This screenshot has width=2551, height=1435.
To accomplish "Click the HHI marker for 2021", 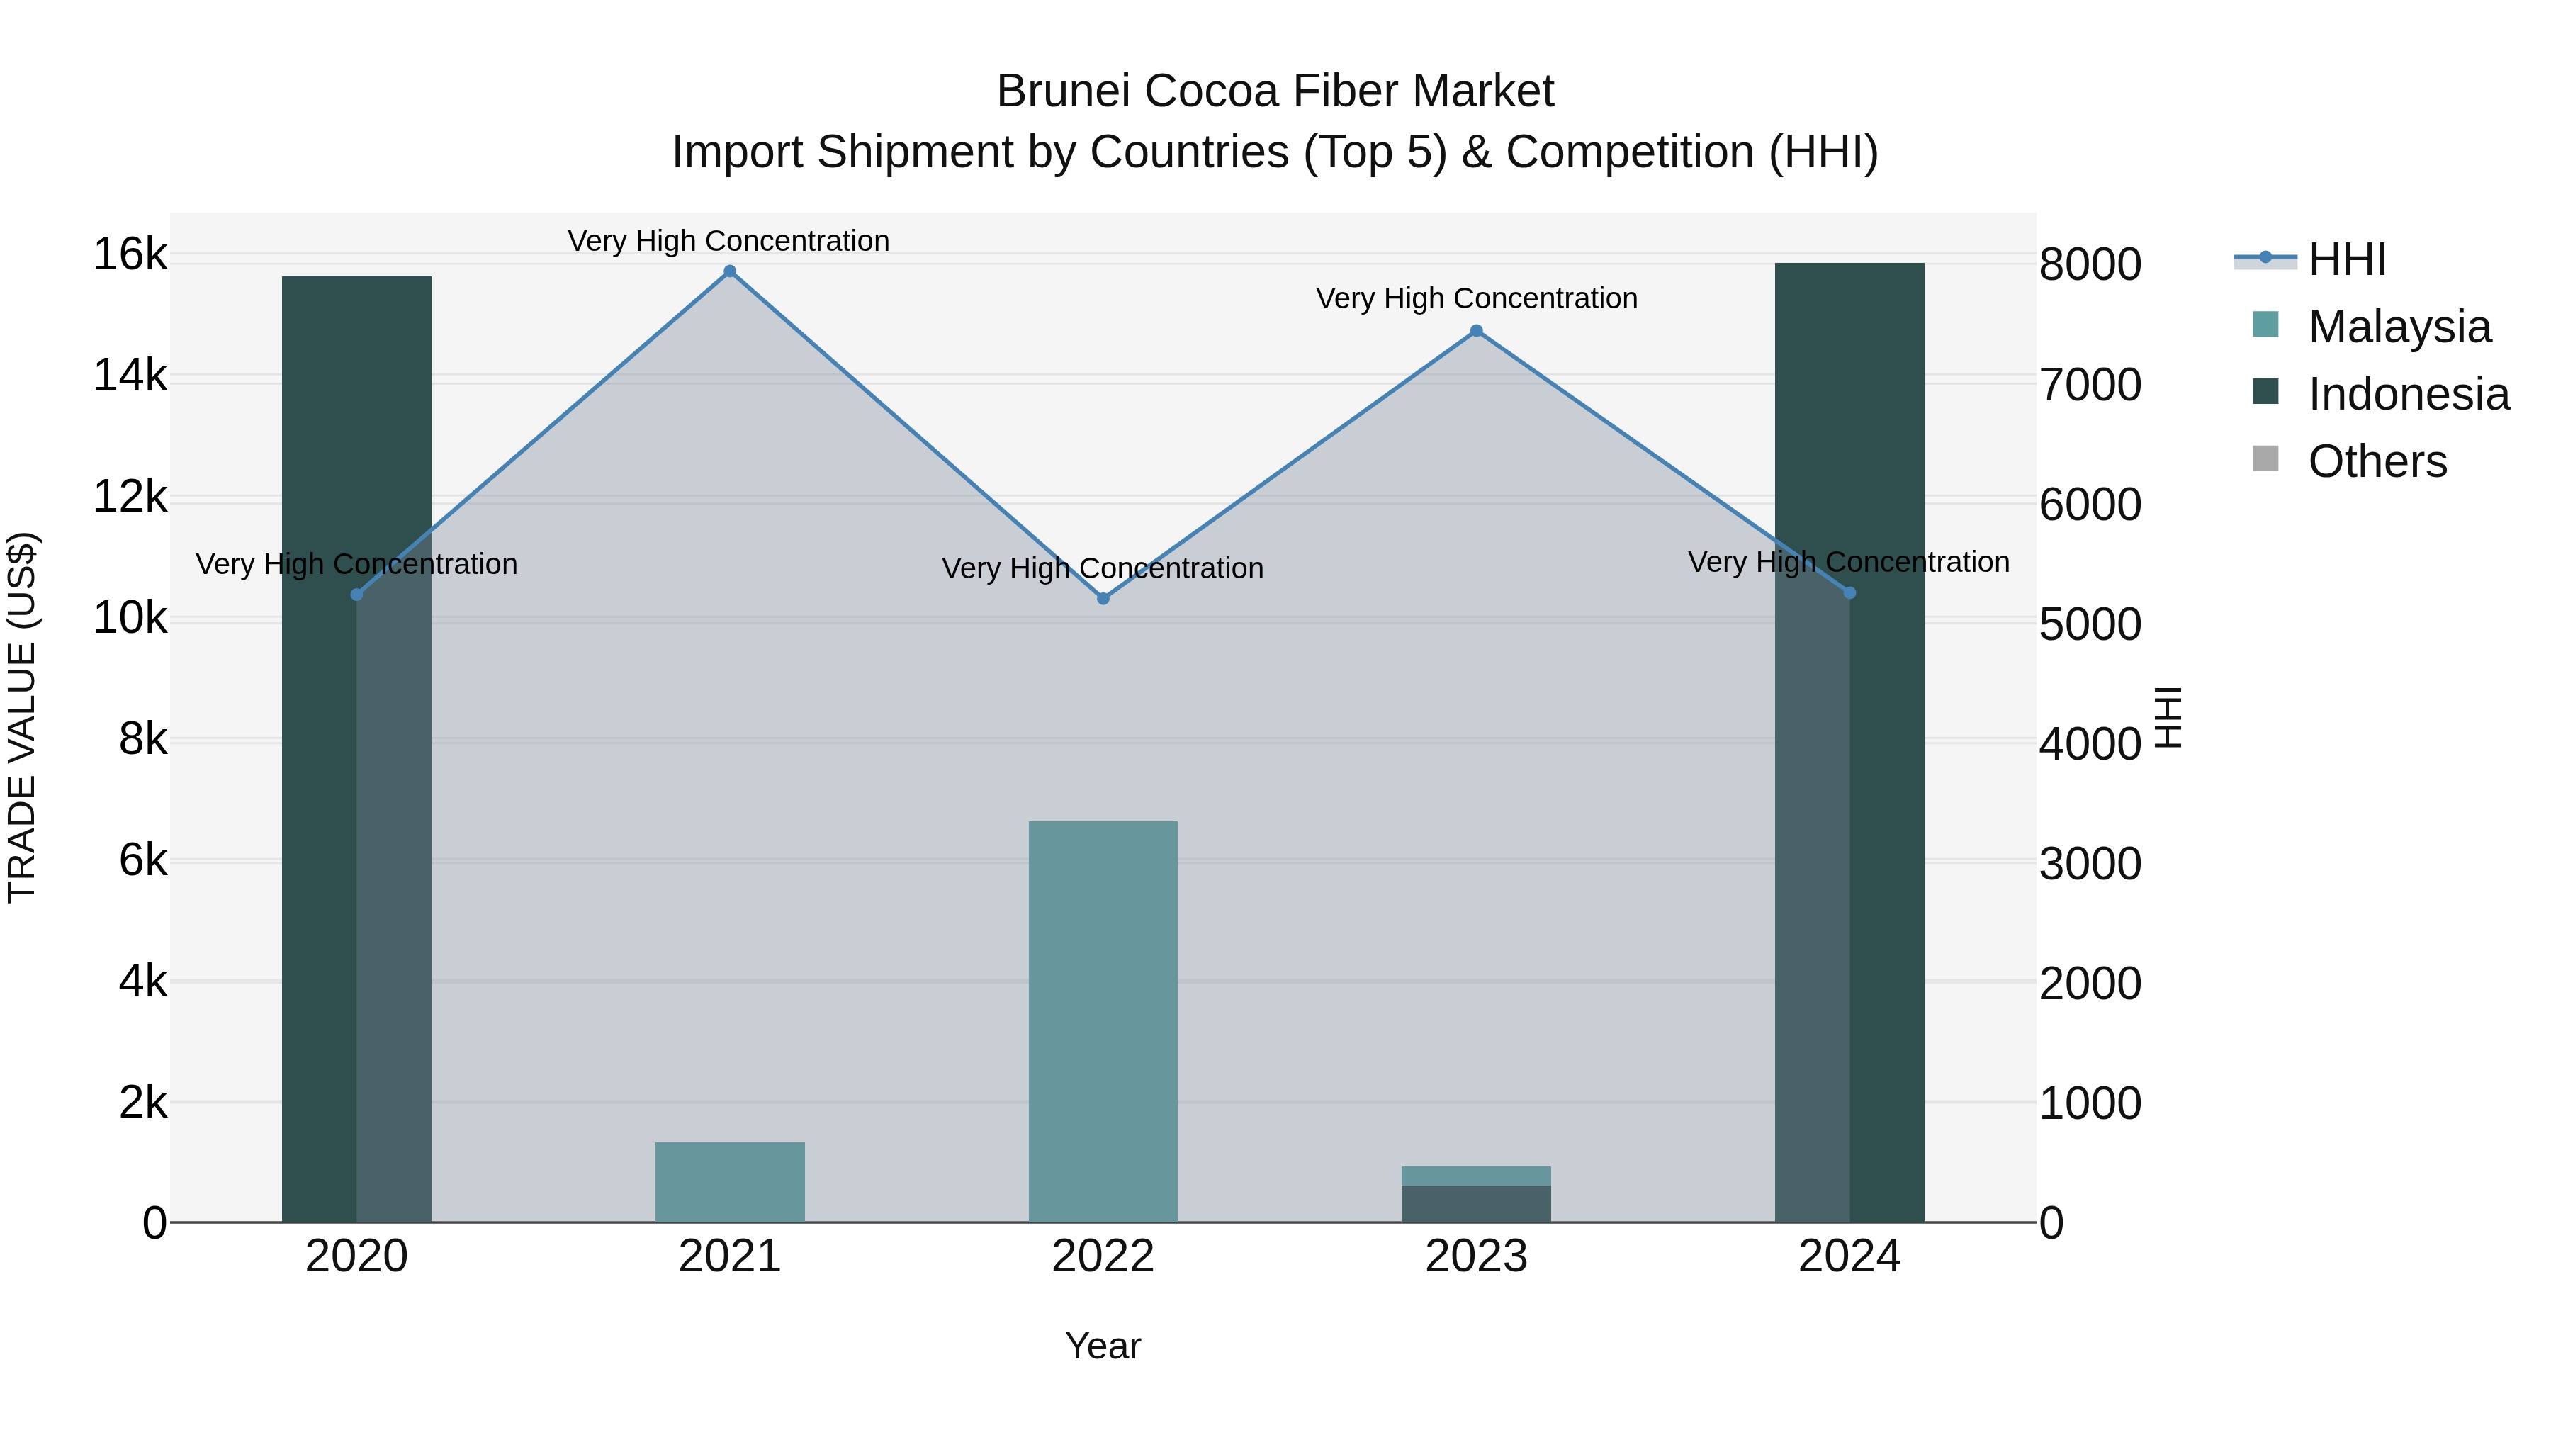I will (x=730, y=271).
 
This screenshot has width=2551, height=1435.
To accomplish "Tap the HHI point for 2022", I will (x=1103, y=598).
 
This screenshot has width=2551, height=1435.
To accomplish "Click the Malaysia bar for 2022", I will (x=1103, y=1020).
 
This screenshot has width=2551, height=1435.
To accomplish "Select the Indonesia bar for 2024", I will (x=1849, y=743).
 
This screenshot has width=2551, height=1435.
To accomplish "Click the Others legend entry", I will (x=2377, y=461).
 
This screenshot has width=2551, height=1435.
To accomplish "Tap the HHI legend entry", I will (x=2347, y=259).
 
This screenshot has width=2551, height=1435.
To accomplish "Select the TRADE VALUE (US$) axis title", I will (x=22, y=717).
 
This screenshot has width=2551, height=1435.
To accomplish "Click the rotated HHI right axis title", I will (x=2168, y=717).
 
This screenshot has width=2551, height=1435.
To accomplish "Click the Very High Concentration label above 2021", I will (x=729, y=241).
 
